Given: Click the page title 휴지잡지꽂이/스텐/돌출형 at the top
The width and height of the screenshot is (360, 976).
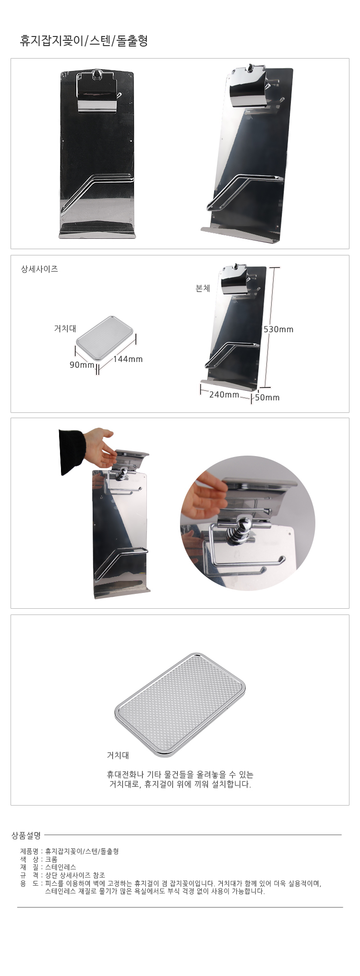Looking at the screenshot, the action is tap(84, 41).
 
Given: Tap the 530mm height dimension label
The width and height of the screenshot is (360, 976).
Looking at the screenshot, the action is tap(278, 329).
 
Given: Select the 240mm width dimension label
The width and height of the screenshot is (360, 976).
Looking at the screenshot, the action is tap(224, 395).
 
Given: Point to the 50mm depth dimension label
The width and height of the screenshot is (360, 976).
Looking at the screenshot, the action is tap(267, 398).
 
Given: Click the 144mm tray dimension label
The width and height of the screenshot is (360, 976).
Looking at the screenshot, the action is tap(128, 359).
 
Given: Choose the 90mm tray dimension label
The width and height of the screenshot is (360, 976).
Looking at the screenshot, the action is tap(82, 365).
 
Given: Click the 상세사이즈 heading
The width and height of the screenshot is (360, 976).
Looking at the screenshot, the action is tap(39, 269).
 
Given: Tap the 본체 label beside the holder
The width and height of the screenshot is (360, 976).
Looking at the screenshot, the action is tap(203, 289).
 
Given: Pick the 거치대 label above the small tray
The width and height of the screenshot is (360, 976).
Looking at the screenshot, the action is tap(65, 329).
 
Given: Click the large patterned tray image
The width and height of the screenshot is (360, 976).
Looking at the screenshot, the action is tap(180, 705).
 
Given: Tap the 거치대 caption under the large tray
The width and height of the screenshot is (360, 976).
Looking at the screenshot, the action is tap(118, 755).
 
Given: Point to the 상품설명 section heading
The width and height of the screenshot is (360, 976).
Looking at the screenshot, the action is tap(26, 836).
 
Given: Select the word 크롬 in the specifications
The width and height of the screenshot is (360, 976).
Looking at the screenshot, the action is tap(51, 859).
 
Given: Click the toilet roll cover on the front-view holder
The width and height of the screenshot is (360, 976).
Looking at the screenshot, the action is tap(96, 94).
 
